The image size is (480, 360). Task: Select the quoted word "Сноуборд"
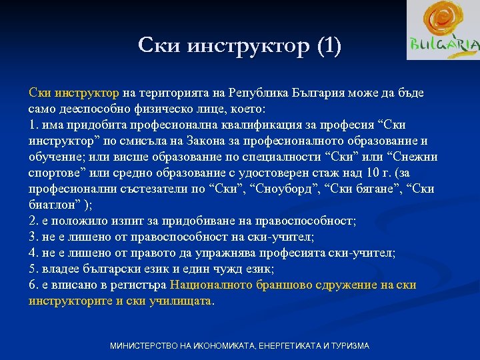pyautogui.click(x=275, y=189)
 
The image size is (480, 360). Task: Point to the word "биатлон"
pyautogui.click(x=53, y=205)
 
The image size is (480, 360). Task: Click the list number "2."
pyautogui.click(x=34, y=221)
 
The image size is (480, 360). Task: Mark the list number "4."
pyautogui.click(x=34, y=253)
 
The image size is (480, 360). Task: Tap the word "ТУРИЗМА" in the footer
pyautogui.click(x=347, y=346)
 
